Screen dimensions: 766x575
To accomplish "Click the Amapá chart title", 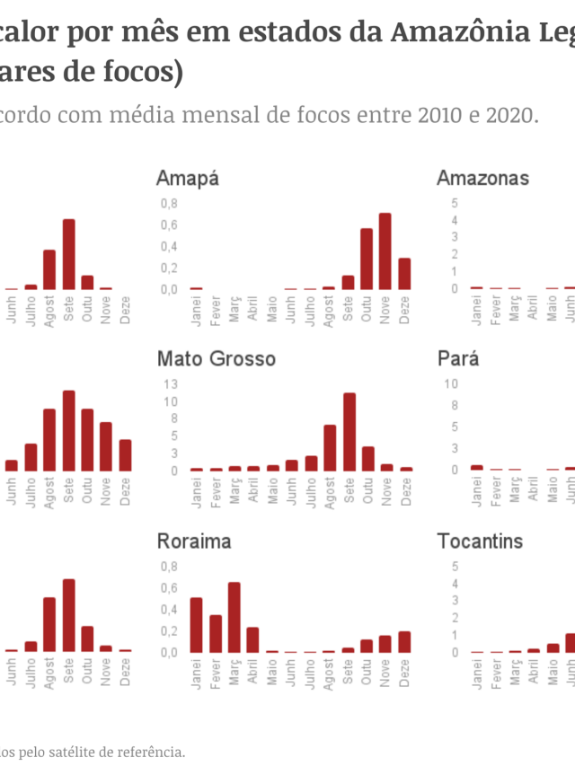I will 187,178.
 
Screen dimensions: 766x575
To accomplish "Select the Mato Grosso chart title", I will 216,359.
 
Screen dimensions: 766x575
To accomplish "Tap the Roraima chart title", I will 193,541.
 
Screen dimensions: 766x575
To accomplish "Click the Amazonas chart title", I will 482,178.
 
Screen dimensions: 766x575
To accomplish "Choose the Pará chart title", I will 457,359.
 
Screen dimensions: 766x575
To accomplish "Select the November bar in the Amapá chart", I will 385,251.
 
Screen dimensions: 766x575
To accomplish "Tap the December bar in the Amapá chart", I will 404,274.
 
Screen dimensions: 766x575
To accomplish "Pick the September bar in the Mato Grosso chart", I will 349,432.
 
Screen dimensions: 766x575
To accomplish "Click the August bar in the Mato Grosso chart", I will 330,447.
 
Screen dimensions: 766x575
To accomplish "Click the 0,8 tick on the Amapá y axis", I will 169,203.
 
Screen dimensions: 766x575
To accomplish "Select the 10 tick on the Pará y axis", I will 452,383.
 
